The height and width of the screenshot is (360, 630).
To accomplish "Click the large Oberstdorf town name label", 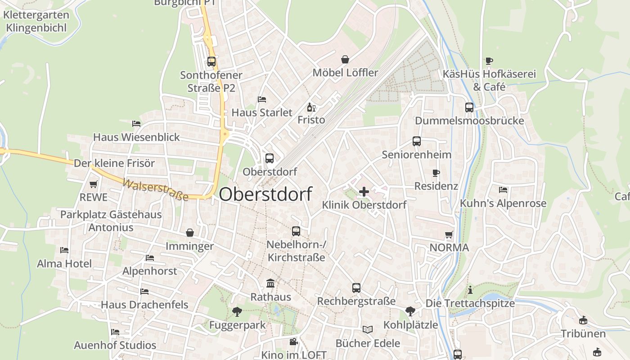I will point(265,194).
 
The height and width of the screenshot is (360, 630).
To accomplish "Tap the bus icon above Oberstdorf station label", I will point(270,158).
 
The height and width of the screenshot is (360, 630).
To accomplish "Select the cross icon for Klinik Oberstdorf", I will point(364,192).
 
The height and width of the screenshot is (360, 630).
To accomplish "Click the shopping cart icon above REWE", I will point(94,184).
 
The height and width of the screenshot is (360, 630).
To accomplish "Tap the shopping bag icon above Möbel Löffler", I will point(345,59).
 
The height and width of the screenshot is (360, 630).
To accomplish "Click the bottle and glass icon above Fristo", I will point(311,107).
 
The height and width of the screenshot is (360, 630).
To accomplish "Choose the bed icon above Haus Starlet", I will point(262,99).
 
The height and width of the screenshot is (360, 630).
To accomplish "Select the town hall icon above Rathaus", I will point(270,283).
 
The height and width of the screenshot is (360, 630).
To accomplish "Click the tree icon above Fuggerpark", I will point(237,311).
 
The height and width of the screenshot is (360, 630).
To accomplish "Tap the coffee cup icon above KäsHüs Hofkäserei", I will point(489,61).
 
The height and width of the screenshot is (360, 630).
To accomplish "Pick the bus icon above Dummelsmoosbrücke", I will point(469,108).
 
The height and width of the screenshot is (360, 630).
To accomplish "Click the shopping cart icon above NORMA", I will point(449,234).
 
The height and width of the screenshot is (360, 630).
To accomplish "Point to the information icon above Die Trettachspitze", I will point(470,290).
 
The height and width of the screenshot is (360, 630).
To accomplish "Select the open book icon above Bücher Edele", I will point(368,330).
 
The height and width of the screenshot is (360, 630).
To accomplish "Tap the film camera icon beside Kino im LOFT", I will point(294,342).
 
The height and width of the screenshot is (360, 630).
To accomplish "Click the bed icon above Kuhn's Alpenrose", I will point(503,190).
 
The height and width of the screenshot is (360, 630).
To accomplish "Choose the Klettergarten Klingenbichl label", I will point(36,21).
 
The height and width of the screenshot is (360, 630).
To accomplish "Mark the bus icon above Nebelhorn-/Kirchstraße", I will point(296,231).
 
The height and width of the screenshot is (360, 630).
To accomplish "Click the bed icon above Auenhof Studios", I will point(115,332).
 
